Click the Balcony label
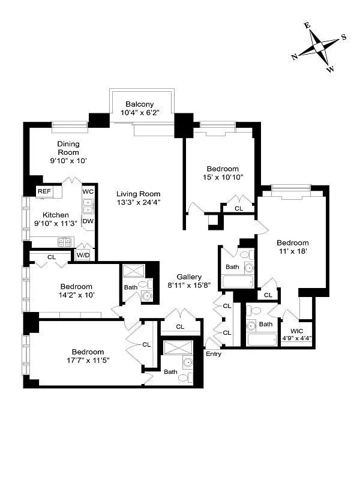[142, 103]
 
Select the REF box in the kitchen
[44, 191]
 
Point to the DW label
[88, 221]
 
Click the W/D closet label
[83, 255]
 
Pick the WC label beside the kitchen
[88, 191]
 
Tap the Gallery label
[189, 277]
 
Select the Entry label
[214, 354]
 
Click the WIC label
[296, 331]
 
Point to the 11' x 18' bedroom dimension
[292, 252]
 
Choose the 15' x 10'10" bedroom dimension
[222, 178]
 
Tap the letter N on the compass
[295, 57]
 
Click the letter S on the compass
[344, 36]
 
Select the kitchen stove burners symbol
[64, 242]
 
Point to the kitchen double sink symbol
[88, 207]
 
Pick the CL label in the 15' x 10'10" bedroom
[239, 208]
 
